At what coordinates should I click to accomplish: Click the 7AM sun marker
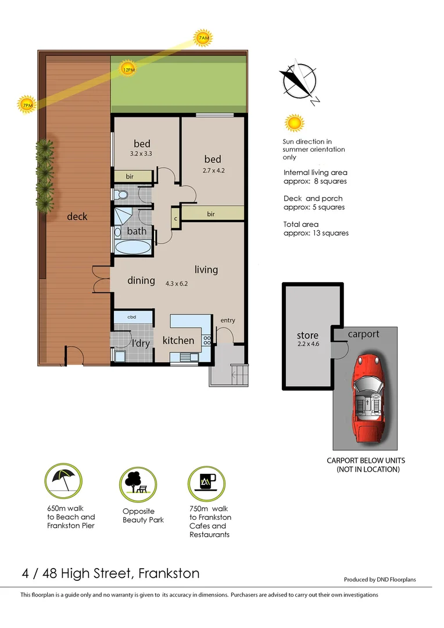pyautogui.click(x=203, y=38)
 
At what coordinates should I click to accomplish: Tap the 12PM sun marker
pyautogui.click(x=128, y=70)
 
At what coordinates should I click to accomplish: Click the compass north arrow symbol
pyautogui.click(x=298, y=81)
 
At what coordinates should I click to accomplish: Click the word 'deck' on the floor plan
pyautogui.click(x=77, y=216)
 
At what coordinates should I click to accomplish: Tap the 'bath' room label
pyautogui.click(x=137, y=231)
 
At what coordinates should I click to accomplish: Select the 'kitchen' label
pyautogui.click(x=178, y=340)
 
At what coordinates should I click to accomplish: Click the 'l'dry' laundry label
pyautogui.click(x=140, y=343)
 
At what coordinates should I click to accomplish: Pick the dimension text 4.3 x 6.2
pyautogui.click(x=177, y=284)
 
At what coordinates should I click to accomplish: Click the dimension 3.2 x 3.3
pyautogui.click(x=142, y=154)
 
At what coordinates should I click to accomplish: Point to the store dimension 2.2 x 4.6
pyautogui.click(x=307, y=344)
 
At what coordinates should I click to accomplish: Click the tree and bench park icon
pyautogui.click(x=138, y=482)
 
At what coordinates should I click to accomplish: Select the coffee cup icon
pyautogui.click(x=206, y=482)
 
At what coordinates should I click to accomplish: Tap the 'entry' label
pyautogui.click(x=228, y=320)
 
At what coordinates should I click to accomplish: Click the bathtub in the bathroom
pyautogui.click(x=132, y=247)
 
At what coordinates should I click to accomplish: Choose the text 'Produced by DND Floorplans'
pyautogui.click(x=380, y=579)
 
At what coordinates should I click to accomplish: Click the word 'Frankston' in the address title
pyautogui.click(x=169, y=573)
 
